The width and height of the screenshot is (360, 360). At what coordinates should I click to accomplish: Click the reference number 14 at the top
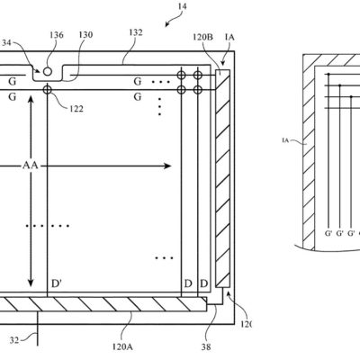pos(183,8)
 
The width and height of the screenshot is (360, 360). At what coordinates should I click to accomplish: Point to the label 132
pos(135,33)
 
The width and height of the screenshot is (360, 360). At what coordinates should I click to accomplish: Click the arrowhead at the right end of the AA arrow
pos(170,166)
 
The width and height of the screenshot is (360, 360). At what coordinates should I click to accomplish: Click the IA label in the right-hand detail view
pos(286,139)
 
